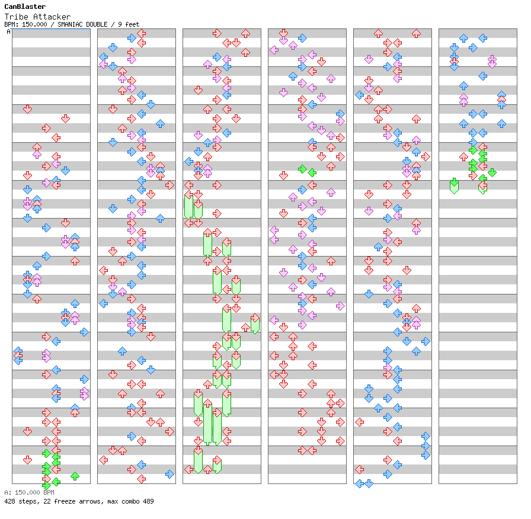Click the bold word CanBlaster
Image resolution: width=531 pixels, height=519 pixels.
tap(25, 7)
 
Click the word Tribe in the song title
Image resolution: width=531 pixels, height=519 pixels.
tap(15, 17)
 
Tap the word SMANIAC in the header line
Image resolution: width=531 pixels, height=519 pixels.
tap(71, 24)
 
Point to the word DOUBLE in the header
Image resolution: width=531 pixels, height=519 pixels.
tap(98, 24)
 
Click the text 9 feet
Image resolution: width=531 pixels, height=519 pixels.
tap(129, 24)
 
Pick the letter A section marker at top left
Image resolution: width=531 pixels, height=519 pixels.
tap(9, 31)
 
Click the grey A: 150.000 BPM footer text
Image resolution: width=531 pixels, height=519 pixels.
tap(29, 492)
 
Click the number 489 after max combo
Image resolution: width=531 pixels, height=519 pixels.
tap(148, 501)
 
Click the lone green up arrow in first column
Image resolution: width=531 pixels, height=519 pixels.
tap(75, 475)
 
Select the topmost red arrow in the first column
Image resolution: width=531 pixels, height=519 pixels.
tap(27, 109)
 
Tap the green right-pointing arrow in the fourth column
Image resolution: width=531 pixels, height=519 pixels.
tap(302, 169)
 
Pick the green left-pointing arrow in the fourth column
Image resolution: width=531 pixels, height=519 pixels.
tap(312, 172)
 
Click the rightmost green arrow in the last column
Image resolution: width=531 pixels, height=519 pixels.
tap(492, 172)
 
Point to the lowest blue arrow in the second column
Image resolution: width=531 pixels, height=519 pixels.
tap(169, 474)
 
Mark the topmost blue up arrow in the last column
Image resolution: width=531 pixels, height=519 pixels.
tap(463, 38)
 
